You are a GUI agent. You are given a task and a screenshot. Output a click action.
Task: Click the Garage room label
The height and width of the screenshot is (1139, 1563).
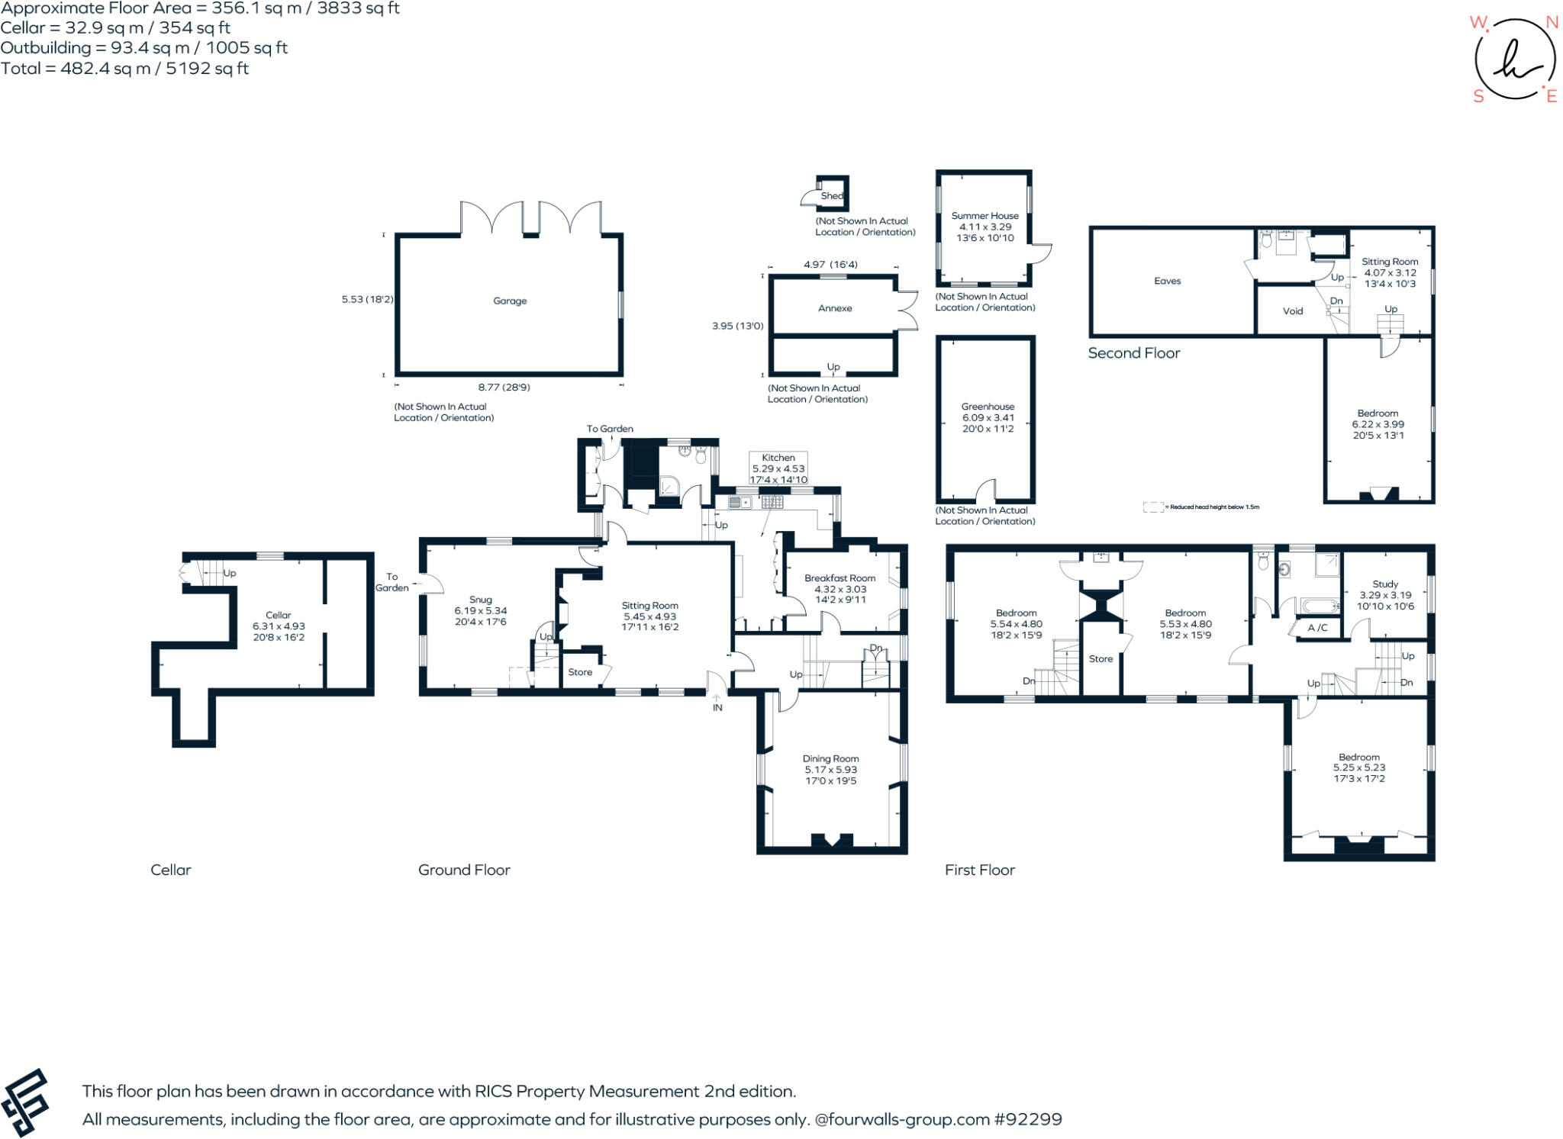510,301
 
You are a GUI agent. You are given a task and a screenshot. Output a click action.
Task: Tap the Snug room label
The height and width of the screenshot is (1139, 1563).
480,600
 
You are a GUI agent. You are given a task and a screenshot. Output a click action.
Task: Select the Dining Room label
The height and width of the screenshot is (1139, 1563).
830,758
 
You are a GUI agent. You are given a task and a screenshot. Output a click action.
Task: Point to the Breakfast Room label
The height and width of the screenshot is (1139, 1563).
840,578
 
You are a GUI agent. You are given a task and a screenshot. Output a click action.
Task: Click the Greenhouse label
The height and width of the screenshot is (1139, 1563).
988,407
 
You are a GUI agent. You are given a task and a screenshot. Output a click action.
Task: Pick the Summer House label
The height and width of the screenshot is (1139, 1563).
985,216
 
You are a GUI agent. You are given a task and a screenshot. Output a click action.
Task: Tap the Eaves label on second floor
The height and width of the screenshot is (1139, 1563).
1167,281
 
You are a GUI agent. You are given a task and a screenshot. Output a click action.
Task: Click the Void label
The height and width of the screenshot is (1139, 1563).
1293,311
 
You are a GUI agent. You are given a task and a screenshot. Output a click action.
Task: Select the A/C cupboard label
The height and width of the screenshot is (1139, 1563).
1317,628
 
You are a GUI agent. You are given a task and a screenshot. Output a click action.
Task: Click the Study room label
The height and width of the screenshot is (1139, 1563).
1385,584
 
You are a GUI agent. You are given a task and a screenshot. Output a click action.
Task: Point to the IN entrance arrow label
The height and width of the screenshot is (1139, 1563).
717,707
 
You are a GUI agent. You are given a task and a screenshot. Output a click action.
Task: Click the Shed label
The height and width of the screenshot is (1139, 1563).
831,196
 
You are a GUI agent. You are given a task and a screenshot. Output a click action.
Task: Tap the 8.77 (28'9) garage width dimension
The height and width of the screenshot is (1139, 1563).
504,388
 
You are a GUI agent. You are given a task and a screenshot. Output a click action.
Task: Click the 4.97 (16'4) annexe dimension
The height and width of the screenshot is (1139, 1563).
830,265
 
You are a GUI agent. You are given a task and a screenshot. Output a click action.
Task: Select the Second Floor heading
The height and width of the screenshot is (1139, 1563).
1133,353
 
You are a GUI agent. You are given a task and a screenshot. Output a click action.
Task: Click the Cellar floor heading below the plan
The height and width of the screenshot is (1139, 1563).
170,870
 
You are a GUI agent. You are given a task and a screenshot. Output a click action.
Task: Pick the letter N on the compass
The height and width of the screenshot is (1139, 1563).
1552,23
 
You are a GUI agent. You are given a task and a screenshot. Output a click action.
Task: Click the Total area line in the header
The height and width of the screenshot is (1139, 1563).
124,69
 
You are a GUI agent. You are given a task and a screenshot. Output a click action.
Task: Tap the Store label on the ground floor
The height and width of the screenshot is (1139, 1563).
580,672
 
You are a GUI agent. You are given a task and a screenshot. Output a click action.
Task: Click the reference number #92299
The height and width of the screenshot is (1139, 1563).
1027,1119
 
